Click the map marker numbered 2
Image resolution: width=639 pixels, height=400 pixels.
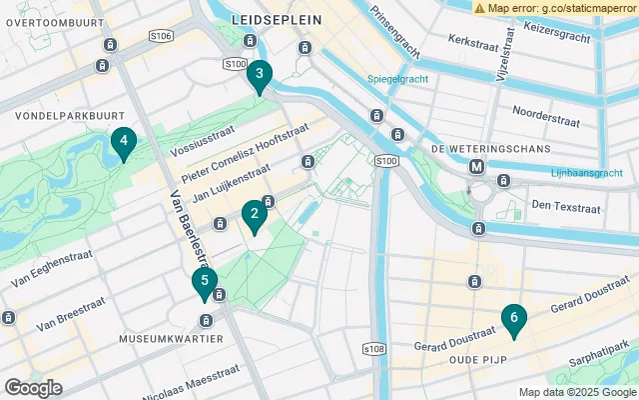pyautogui.click(x=255, y=213)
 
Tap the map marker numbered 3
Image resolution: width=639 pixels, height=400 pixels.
pyautogui.click(x=260, y=74)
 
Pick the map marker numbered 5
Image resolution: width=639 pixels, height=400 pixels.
pyautogui.click(x=204, y=282)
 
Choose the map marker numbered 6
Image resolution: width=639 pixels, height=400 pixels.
pyautogui.click(x=513, y=318)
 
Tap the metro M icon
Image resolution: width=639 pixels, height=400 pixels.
pyautogui.click(x=477, y=166)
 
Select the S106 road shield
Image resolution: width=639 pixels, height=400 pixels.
pyautogui.click(x=161, y=37)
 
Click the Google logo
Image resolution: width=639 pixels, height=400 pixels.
pyautogui.click(x=33, y=387)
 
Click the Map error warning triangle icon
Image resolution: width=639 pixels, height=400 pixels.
pyautogui.click(x=480, y=8)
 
